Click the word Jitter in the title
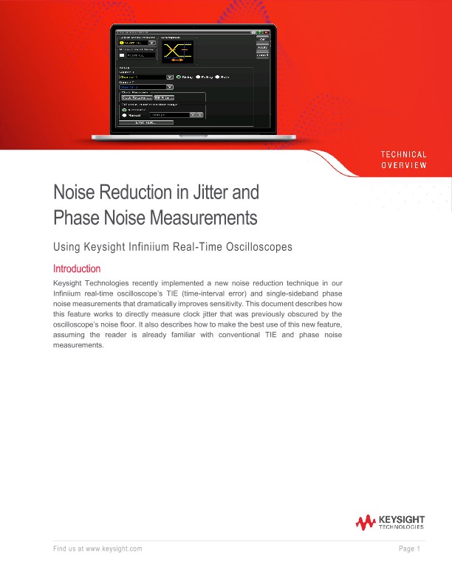[215, 193]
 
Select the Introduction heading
[77, 268]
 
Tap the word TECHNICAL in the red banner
[403, 154]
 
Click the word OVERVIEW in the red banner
[403, 164]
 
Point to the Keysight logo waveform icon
[366, 523]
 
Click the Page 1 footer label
[409, 549]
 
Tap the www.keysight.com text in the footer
[113, 549]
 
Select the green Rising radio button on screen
[178, 77]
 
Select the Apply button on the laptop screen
[262, 48]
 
